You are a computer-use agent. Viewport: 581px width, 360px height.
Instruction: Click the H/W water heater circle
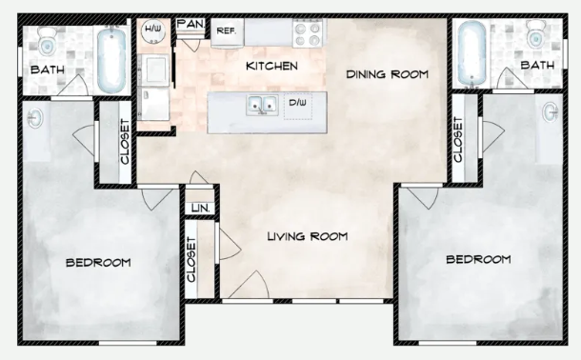click(152, 30)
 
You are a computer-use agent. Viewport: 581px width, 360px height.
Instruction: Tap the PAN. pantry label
click(190, 25)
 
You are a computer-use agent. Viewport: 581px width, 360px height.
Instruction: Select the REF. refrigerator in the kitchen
click(227, 33)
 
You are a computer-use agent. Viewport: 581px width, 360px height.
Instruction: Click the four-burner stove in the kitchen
click(308, 33)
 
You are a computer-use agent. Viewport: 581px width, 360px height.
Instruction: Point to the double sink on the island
click(262, 105)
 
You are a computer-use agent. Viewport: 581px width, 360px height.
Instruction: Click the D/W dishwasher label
click(297, 103)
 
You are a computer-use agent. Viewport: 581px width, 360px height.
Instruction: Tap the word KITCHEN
click(271, 66)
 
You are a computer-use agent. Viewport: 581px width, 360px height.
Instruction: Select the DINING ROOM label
click(388, 74)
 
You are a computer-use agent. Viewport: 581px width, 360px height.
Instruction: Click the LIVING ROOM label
click(308, 236)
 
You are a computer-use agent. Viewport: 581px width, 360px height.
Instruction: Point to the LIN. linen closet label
click(200, 209)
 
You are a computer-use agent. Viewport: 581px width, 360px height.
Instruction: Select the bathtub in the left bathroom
click(111, 60)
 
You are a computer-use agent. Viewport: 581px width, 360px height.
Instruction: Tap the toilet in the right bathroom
click(535, 34)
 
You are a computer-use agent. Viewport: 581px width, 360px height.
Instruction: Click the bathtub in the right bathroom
click(471, 53)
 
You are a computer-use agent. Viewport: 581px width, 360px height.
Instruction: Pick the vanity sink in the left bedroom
click(35, 118)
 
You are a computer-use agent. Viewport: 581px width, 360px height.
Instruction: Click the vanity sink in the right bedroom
click(551, 111)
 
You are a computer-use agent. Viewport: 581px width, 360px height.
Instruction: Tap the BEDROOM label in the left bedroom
click(98, 263)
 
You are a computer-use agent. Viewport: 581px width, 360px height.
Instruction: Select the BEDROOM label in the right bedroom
click(478, 259)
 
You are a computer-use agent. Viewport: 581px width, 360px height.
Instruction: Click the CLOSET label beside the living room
click(190, 260)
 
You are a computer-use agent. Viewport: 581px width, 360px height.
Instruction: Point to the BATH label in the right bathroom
click(537, 65)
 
